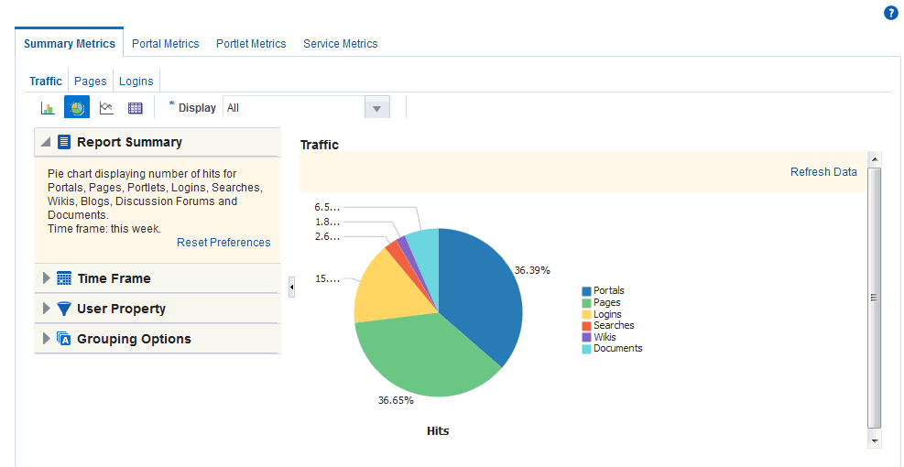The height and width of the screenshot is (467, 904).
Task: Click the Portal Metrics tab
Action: point(165,44)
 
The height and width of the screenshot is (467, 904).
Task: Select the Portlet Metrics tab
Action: point(251,44)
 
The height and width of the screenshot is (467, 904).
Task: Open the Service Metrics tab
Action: point(340,44)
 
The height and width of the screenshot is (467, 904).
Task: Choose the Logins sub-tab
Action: point(136,81)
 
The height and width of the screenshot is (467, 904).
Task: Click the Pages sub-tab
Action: point(91,81)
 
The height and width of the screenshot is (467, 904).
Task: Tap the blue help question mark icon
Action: point(890,13)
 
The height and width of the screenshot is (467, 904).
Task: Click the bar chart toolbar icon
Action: point(48,108)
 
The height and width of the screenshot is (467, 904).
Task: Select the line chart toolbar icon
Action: point(106,108)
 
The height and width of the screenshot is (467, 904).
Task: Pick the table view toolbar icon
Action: point(136,108)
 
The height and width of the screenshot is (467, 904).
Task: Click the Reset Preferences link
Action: point(223,243)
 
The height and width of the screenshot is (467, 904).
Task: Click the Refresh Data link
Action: point(823,172)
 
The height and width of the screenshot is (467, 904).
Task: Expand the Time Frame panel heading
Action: point(114,278)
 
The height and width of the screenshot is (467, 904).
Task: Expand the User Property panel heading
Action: point(121,309)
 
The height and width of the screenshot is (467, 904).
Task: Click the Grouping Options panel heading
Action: point(134,339)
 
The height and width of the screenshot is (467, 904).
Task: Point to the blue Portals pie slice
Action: point(481,293)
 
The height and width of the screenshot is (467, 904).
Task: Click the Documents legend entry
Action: point(617,348)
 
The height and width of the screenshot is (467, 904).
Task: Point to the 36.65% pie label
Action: point(396,400)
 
